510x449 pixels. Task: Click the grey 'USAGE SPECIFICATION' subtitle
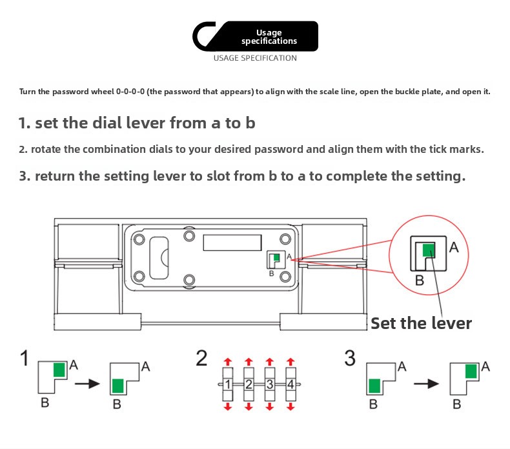click(x=255, y=58)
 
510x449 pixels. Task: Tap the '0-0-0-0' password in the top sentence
click(x=130, y=92)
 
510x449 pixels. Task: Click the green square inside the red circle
click(x=429, y=250)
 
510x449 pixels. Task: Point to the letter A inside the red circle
click(x=454, y=248)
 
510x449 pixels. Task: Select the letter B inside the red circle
click(x=420, y=280)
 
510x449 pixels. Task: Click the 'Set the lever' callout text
click(x=421, y=323)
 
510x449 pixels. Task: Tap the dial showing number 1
click(x=228, y=384)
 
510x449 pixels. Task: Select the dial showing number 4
click(x=291, y=384)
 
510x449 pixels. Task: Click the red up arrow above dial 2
click(x=249, y=361)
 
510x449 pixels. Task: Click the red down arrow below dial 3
click(x=270, y=406)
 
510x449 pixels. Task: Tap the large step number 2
click(x=201, y=358)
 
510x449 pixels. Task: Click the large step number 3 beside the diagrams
click(x=350, y=358)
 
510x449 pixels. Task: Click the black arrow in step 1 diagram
click(x=87, y=384)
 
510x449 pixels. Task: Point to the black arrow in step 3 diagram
click(x=426, y=384)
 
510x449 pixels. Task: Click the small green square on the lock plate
click(x=276, y=257)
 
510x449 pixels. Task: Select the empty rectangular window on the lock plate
click(x=232, y=243)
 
